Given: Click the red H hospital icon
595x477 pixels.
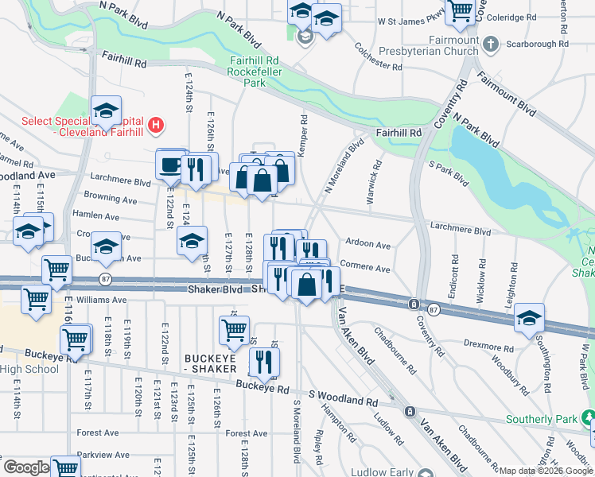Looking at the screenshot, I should click(157, 125).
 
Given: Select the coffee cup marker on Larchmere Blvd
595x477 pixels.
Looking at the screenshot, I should click(169, 165).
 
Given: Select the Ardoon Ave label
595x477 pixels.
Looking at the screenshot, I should click(367, 245).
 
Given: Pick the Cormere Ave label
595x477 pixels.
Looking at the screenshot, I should click(365, 268).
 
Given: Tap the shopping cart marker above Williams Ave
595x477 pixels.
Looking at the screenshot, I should click(56, 270).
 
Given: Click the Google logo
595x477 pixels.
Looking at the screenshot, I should click(25, 468).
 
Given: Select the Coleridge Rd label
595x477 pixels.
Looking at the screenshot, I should click(523, 17).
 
